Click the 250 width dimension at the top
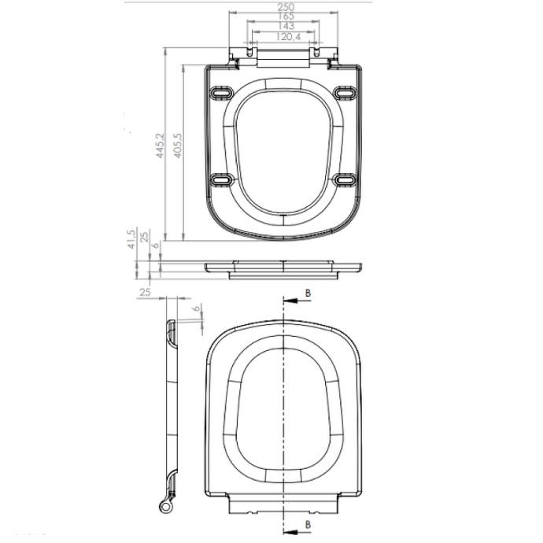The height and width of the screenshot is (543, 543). [x=285, y=6]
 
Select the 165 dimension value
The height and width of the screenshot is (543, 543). [x=285, y=17]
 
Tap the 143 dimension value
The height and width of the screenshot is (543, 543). [x=285, y=26]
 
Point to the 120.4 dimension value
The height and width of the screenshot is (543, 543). [x=285, y=35]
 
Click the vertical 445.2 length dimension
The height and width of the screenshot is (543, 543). [x=159, y=146]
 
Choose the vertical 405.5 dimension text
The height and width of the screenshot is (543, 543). [x=178, y=146]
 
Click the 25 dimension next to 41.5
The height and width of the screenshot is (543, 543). [x=143, y=238]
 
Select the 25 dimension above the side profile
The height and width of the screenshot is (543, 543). [x=144, y=293]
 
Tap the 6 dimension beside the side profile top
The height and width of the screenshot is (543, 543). [x=197, y=308]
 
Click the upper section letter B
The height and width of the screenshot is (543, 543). [x=308, y=293]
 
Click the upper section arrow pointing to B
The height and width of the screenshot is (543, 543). [x=292, y=301]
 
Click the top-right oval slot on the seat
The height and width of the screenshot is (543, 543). [x=345, y=93]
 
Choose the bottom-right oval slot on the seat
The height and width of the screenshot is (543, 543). [x=345, y=180]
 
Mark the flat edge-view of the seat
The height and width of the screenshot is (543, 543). [x=283, y=268]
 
